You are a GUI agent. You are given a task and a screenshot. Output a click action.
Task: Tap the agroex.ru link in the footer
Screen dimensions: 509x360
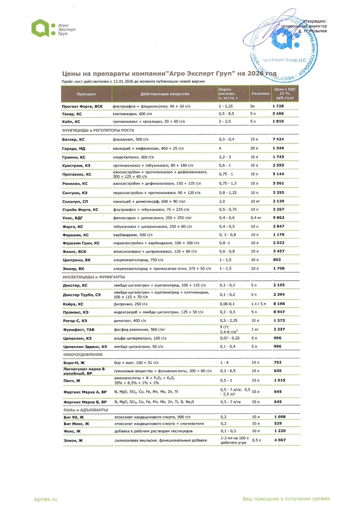pyautogui.click(x=46, y=499)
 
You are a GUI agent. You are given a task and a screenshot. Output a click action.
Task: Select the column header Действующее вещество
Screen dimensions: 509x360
pyautogui.click(x=165, y=94)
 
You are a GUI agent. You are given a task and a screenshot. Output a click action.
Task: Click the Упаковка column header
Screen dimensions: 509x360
pyautogui.click(x=260, y=93)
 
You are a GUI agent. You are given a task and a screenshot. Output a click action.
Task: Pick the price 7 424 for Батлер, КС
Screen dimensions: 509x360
pyautogui.click(x=278, y=139)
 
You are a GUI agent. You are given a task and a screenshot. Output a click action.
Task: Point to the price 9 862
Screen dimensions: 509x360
pyautogui.click(x=278, y=217)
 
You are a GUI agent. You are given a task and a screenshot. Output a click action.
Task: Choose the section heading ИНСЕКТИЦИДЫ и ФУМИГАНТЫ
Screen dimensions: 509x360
pyautogui.click(x=94, y=277)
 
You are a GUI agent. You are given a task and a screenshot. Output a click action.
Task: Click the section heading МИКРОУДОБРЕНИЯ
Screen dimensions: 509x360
pyautogui.click(x=83, y=354)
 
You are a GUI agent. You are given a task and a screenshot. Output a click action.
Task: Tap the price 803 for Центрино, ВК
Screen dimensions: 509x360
pyautogui.click(x=277, y=260)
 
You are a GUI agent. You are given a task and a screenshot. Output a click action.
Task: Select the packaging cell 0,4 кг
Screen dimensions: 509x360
pyautogui.click(x=256, y=218)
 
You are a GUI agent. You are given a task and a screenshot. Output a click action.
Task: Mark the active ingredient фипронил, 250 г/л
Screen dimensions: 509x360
pyautogui.click(x=131, y=304)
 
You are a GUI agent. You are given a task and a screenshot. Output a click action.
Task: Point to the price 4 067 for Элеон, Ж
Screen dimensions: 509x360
pyautogui.click(x=280, y=440)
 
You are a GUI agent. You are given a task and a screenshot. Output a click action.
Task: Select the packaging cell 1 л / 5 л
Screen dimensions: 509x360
pyautogui.click(x=258, y=304)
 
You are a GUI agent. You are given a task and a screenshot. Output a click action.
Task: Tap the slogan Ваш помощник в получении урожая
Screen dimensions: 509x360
pyautogui.click(x=286, y=499)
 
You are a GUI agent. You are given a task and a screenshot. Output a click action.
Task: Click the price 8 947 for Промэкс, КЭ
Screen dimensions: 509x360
pyautogui.click(x=279, y=312)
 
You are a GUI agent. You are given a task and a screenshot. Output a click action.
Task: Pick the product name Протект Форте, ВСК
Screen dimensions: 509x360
pyautogui.click(x=82, y=107)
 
